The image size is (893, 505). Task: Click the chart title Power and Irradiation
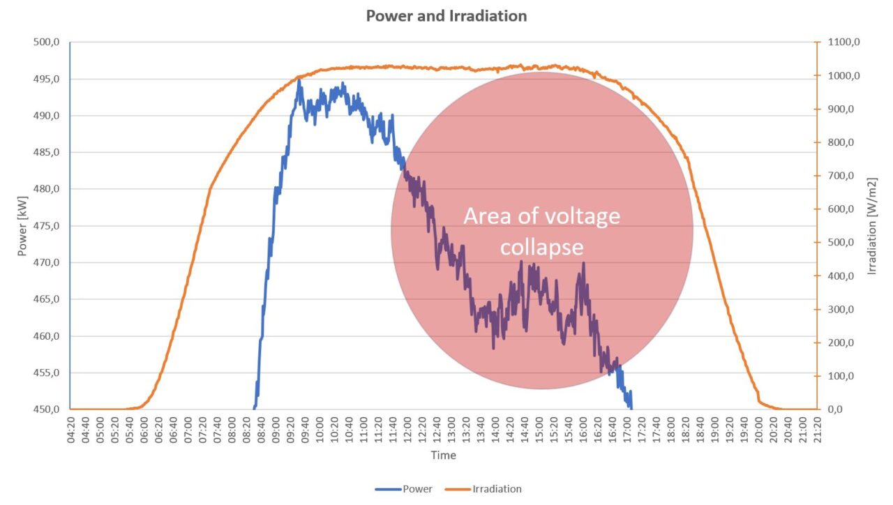pos(446,15)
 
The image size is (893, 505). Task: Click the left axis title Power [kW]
pos(22,226)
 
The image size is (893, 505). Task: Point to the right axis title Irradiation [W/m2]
pos(871,226)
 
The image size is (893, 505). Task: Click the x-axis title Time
pos(443,455)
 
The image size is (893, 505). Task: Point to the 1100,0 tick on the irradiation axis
pos(841,43)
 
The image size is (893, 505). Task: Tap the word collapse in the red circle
pos(541,248)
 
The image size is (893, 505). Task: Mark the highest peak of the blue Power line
pos(299,80)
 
